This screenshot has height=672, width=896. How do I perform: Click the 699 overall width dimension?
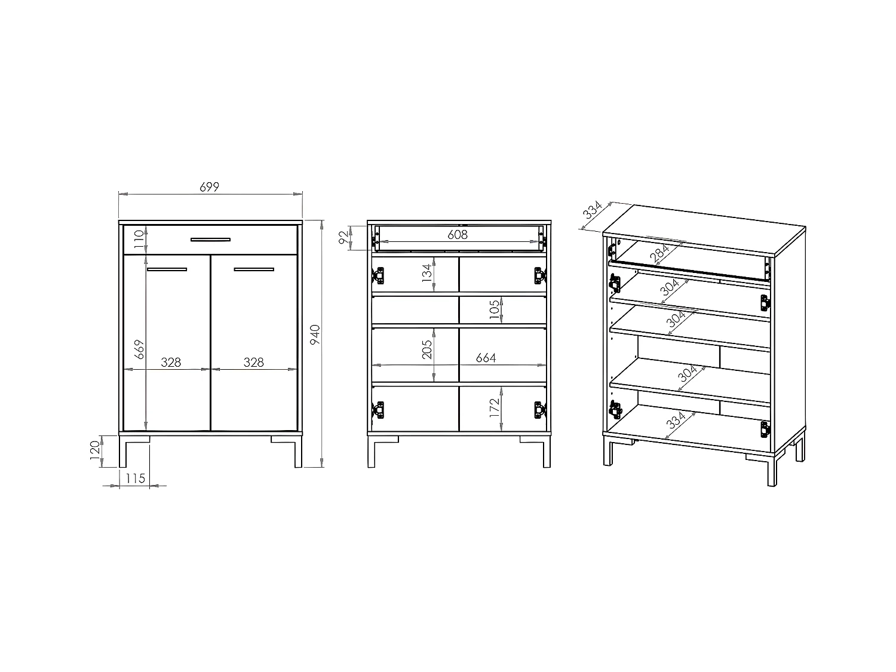[209, 187]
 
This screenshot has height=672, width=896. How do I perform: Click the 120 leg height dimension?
[94, 452]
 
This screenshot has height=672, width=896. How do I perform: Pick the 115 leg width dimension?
[136, 478]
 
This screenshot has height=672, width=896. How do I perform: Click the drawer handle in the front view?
[210, 240]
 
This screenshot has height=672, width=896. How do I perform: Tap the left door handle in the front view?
[167, 270]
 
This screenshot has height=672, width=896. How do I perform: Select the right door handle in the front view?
[254, 270]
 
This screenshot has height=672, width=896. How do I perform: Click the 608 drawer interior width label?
[458, 235]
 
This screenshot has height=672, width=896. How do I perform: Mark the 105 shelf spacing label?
[494, 309]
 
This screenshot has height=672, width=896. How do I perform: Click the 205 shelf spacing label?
[427, 350]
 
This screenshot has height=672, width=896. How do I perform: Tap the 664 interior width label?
[486, 358]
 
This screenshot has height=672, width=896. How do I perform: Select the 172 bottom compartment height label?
[494, 407]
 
